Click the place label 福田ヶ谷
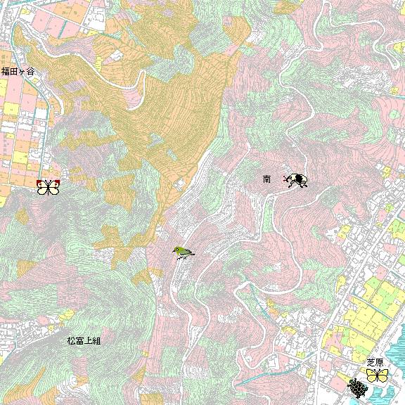18,72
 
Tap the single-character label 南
267,180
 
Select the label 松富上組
84,341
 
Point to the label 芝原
375,362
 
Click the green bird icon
183,252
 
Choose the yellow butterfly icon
378,375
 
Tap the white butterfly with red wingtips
48,187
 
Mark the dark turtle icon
358,387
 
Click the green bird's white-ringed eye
178,249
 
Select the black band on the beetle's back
297,180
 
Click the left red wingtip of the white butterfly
39,183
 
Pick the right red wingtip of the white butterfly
57,183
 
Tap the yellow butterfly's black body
378,375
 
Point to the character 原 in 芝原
380,362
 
